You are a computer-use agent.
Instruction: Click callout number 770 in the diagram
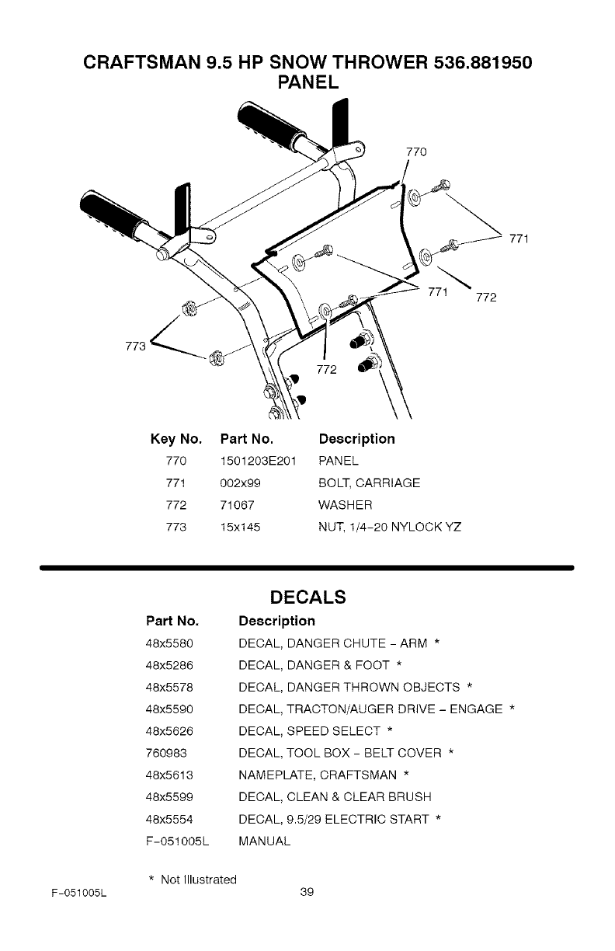click(417, 152)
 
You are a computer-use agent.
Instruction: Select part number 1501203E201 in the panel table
click(258, 462)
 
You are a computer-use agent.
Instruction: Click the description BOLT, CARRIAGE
click(370, 483)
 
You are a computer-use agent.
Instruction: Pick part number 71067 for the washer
click(236, 506)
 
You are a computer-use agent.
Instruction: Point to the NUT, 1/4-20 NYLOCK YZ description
click(391, 528)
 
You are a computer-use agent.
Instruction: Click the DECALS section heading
click(307, 598)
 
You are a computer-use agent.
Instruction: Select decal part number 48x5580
click(169, 643)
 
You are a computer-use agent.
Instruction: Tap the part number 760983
click(165, 753)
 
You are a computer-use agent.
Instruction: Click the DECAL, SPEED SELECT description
click(311, 731)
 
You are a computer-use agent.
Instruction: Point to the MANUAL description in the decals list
click(265, 841)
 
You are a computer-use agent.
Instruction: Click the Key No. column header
click(176, 439)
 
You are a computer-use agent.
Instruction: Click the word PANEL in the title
click(307, 82)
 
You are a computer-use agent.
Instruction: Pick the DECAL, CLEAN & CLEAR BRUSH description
click(335, 796)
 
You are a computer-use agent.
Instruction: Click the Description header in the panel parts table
click(356, 439)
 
